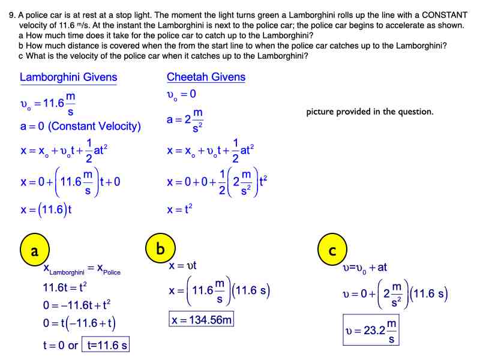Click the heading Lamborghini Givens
pyautogui.click(x=68, y=77)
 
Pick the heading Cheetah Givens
pyautogui.click(x=206, y=77)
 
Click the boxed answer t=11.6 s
pyautogui.click(x=107, y=345)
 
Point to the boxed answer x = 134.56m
pyautogui.click(x=201, y=320)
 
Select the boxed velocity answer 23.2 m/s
pyautogui.click(x=371, y=329)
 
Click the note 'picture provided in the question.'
pyautogui.click(x=369, y=112)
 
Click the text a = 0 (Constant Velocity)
pyautogui.click(x=80, y=127)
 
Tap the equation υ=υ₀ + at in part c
pyautogui.click(x=364, y=267)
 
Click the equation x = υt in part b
pyautogui.click(x=183, y=266)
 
